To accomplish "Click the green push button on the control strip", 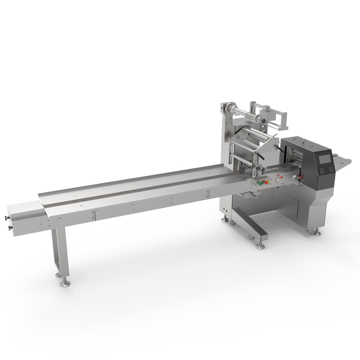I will [x=260, y=183].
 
